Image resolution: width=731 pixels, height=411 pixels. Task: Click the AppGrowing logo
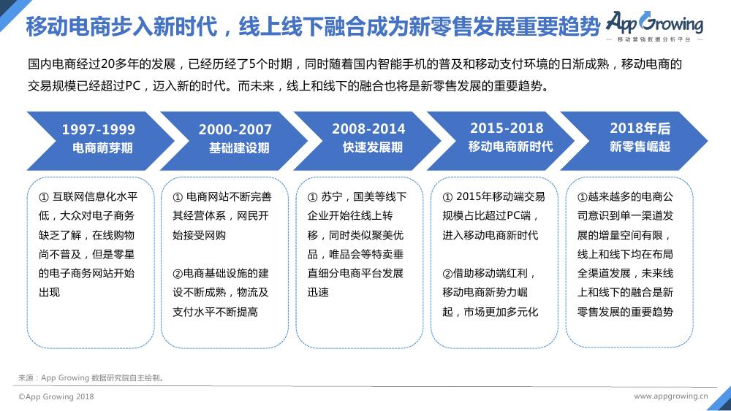pos(654,26)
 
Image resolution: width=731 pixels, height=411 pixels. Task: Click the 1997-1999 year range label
pos(99,129)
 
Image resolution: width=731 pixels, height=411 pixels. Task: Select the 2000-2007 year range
pos(235,129)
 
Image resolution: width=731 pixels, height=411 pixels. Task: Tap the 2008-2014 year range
pos(368,129)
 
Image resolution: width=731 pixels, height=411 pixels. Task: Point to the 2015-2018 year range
pos(507,128)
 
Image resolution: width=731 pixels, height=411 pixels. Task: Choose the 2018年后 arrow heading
pos(640,128)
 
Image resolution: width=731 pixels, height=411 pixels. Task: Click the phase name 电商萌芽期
pos(102,148)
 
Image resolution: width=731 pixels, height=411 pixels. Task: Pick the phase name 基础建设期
pos(239,148)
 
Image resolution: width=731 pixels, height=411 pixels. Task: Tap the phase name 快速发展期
pos(373,147)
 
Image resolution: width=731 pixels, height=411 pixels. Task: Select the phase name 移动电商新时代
pos(510,147)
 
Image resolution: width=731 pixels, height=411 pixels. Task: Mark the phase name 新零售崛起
pos(640,147)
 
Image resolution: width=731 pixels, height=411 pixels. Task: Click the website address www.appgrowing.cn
pos(670,396)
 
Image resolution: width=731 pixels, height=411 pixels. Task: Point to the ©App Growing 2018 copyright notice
pos(56,396)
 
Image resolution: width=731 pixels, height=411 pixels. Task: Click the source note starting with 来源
pos(91,378)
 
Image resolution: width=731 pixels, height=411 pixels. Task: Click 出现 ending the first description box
pos(50,292)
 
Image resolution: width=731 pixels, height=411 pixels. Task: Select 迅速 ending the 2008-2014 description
pos(318,292)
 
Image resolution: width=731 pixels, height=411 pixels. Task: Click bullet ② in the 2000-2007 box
pos(178,274)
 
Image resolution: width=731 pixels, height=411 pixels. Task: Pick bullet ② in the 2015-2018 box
pos(447,274)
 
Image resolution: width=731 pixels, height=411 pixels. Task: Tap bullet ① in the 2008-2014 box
pos(312,197)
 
